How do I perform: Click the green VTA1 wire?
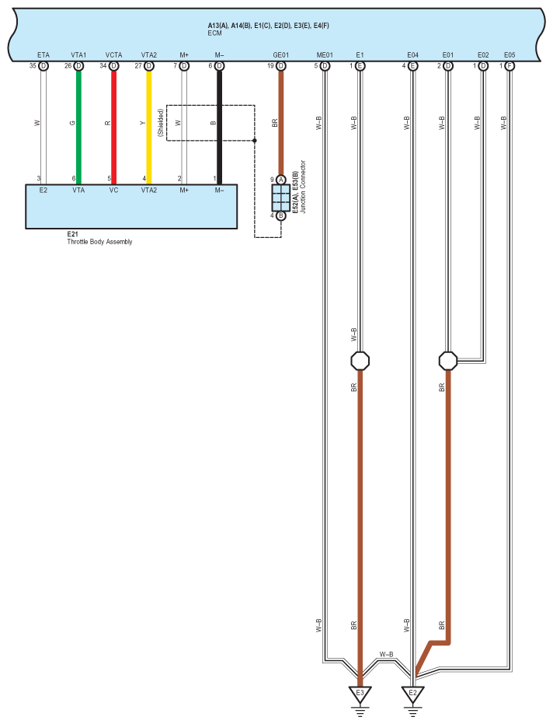[x=78, y=124]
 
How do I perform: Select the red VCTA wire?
[x=113, y=124]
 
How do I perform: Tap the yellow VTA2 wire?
[x=148, y=124]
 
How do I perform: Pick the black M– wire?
[x=219, y=124]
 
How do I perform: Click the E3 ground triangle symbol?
[x=360, y=693]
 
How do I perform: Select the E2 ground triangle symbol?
[x=412, y=693]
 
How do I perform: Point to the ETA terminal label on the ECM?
[x=43, y=55]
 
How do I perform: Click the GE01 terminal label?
[x=281, y=55]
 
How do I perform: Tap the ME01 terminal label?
[x=325, y=55]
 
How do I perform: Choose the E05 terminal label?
[x=509, y=55]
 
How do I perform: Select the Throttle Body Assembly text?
[x=99, y=242]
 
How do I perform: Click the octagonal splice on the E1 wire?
[x=360, y=361]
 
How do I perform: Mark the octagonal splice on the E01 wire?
[x=447, y=361]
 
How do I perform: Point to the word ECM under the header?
[x=215, y=33]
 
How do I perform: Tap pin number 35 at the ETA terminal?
[x=33, y=66]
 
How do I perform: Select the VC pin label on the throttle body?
[x=113, y=189]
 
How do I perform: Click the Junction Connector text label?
[x=303, y=187]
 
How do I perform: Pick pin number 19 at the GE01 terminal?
[x=271, y=66]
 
